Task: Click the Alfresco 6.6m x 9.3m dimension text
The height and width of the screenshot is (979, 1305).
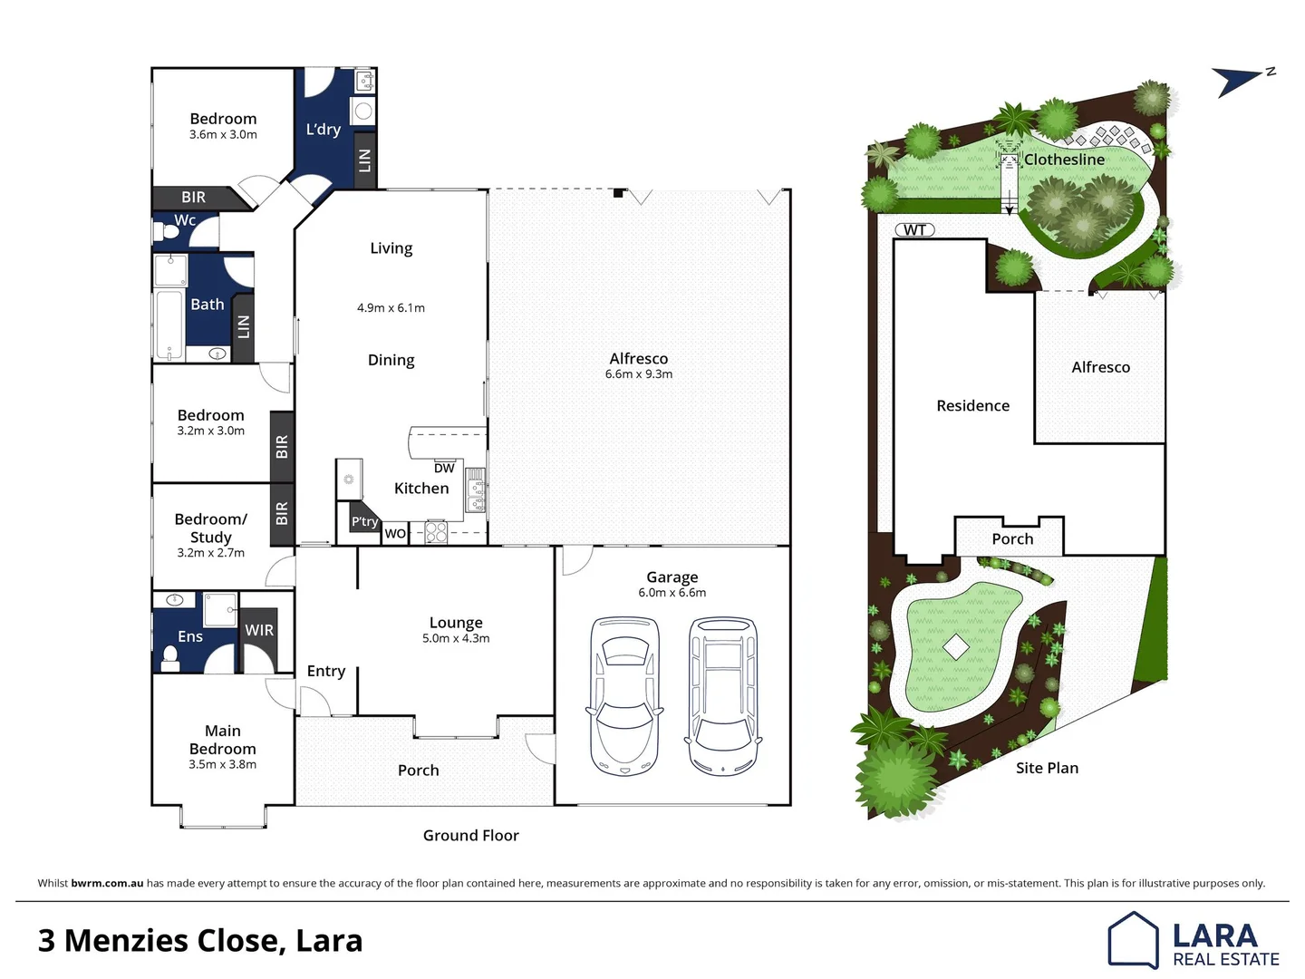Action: [x=639, y=374]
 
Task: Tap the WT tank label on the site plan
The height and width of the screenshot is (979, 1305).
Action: [x=914, y=230]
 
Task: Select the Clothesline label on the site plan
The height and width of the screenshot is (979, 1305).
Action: [x=1064, y=160]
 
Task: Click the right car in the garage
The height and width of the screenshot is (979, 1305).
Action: [x=723, y=696]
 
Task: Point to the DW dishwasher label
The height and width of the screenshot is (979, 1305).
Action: [x=444, y=469]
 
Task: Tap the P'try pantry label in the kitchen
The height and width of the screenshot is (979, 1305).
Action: [x=364, y=522]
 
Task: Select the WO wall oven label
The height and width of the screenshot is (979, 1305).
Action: [x=395, y=534]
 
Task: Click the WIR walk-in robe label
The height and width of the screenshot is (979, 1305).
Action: [x=259, y=630]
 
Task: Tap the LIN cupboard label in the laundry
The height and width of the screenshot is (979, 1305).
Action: [x=364, y=160]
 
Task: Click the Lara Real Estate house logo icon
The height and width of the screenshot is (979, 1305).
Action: [x=1133, y=940]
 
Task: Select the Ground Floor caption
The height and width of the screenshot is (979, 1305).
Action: [x=470, y=836]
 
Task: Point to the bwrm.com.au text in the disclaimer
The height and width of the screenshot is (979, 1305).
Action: [x=107, y=883]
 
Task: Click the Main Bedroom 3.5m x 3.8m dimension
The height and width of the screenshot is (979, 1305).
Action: [x=223, y=765]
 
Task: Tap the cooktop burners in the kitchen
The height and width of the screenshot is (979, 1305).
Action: [x=436, y=532]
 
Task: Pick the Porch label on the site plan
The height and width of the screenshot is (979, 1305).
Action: [x=1012, y=539]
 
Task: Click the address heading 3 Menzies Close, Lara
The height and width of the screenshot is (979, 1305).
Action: [x=200, y=941]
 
